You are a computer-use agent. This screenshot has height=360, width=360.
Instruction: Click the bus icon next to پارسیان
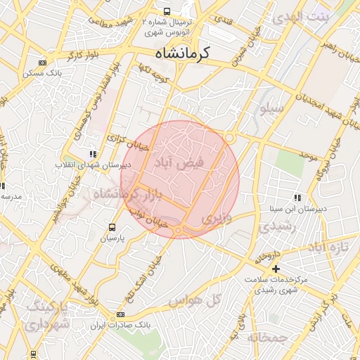click(x=112, y=227)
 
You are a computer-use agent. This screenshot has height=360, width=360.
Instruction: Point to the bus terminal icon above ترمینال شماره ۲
click(x=167, y=11)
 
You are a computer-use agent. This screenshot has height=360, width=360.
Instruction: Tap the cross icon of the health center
click(x=276, y=268)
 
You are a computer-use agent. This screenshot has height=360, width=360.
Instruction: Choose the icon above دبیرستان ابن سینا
click(x=297, y=198)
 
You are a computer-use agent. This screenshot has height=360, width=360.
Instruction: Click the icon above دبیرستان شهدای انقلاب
click(x=92, y=153)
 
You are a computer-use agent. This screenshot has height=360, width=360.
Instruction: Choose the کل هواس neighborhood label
click(x=195, y=300)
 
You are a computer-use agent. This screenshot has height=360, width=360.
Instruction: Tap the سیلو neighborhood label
click(x=272, y=109)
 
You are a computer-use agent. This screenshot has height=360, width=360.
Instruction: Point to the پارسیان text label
click(x=110, y=239)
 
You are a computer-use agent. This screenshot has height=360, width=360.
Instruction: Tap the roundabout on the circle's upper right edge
click(x=230, y=139)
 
